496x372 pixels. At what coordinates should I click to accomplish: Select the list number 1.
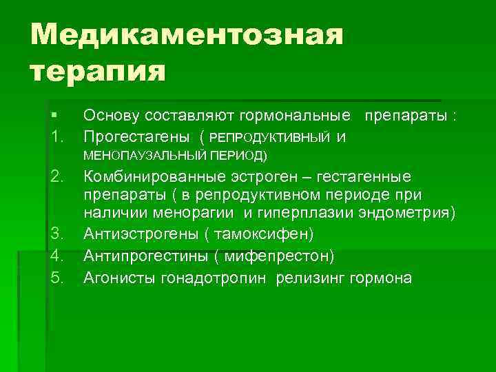tap(57, 137)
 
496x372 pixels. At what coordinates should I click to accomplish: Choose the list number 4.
tap(58, 256)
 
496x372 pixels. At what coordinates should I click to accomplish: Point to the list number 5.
tap(58, 278)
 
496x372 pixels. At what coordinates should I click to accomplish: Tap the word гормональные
tap(303, 116)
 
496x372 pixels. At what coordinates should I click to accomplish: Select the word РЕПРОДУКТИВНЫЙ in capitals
tap(269, 138)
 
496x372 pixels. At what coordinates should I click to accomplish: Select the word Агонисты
tap(112, 278)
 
